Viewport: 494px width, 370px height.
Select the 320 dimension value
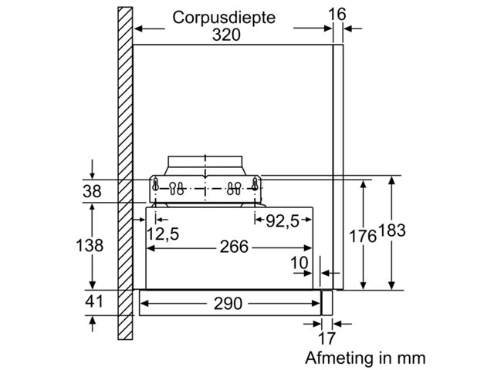(x=226, y=35)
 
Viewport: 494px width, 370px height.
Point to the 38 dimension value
(x=92, y=191)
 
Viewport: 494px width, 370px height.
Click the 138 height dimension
(x=91, y=246)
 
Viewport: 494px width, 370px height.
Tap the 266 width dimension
(x=232, y=247)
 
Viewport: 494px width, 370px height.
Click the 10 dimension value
(x=299, y=262)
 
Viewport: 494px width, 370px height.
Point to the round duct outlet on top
(x=205, y=163)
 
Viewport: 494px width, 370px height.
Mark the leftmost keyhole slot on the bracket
(x=157, y=185)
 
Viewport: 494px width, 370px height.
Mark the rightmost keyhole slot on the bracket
(x=254, y=185)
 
